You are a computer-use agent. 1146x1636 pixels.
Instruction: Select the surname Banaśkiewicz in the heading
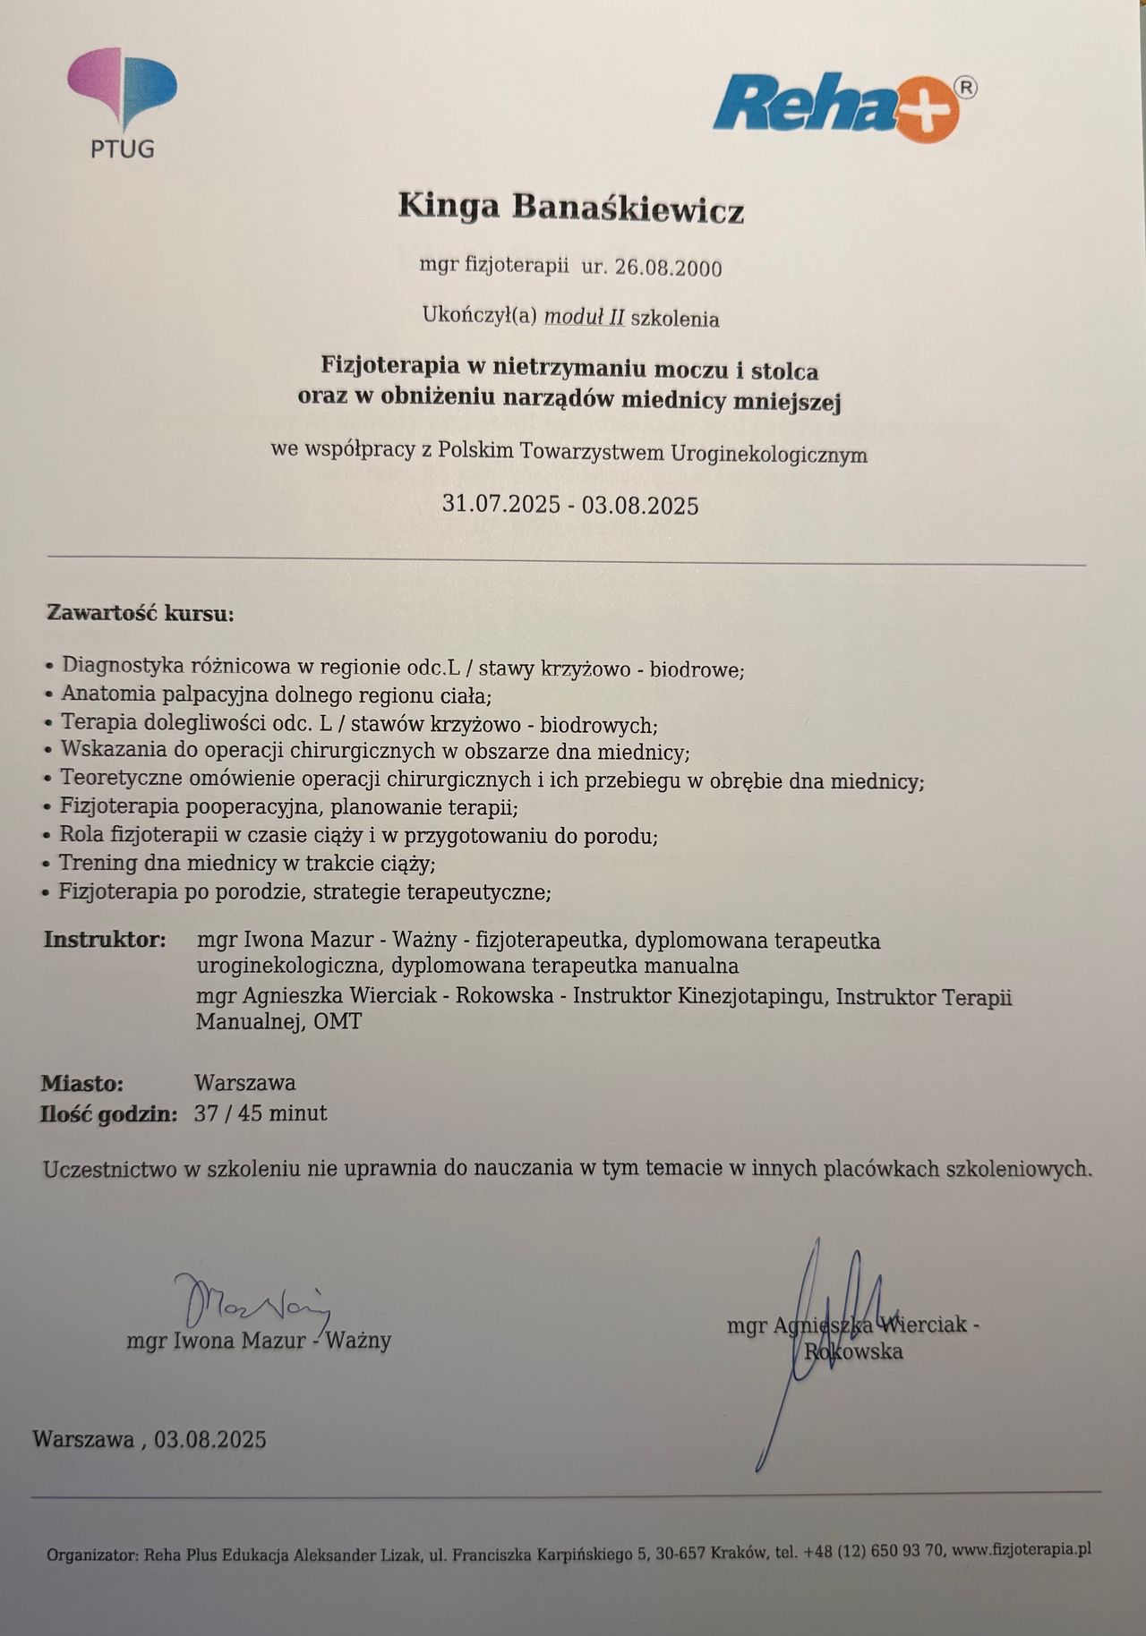(628, 209)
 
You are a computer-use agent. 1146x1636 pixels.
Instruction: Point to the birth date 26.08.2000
(664, 268)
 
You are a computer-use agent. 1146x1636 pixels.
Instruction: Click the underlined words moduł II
(584, 317)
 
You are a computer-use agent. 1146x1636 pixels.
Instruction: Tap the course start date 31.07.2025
(502, 504)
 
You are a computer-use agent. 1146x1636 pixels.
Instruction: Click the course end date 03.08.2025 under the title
(639, 506)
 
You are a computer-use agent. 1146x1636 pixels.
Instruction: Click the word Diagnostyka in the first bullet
(124, 665)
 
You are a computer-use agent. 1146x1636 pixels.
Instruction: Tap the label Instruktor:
(105, 940)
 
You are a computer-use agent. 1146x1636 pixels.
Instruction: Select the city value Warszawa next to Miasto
(245, 1083)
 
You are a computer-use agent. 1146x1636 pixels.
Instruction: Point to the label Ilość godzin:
(109, 1114)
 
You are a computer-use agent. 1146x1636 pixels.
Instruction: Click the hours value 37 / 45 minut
(261, 1113)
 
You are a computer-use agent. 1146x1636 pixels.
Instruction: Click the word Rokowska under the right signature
(853, 1351)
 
